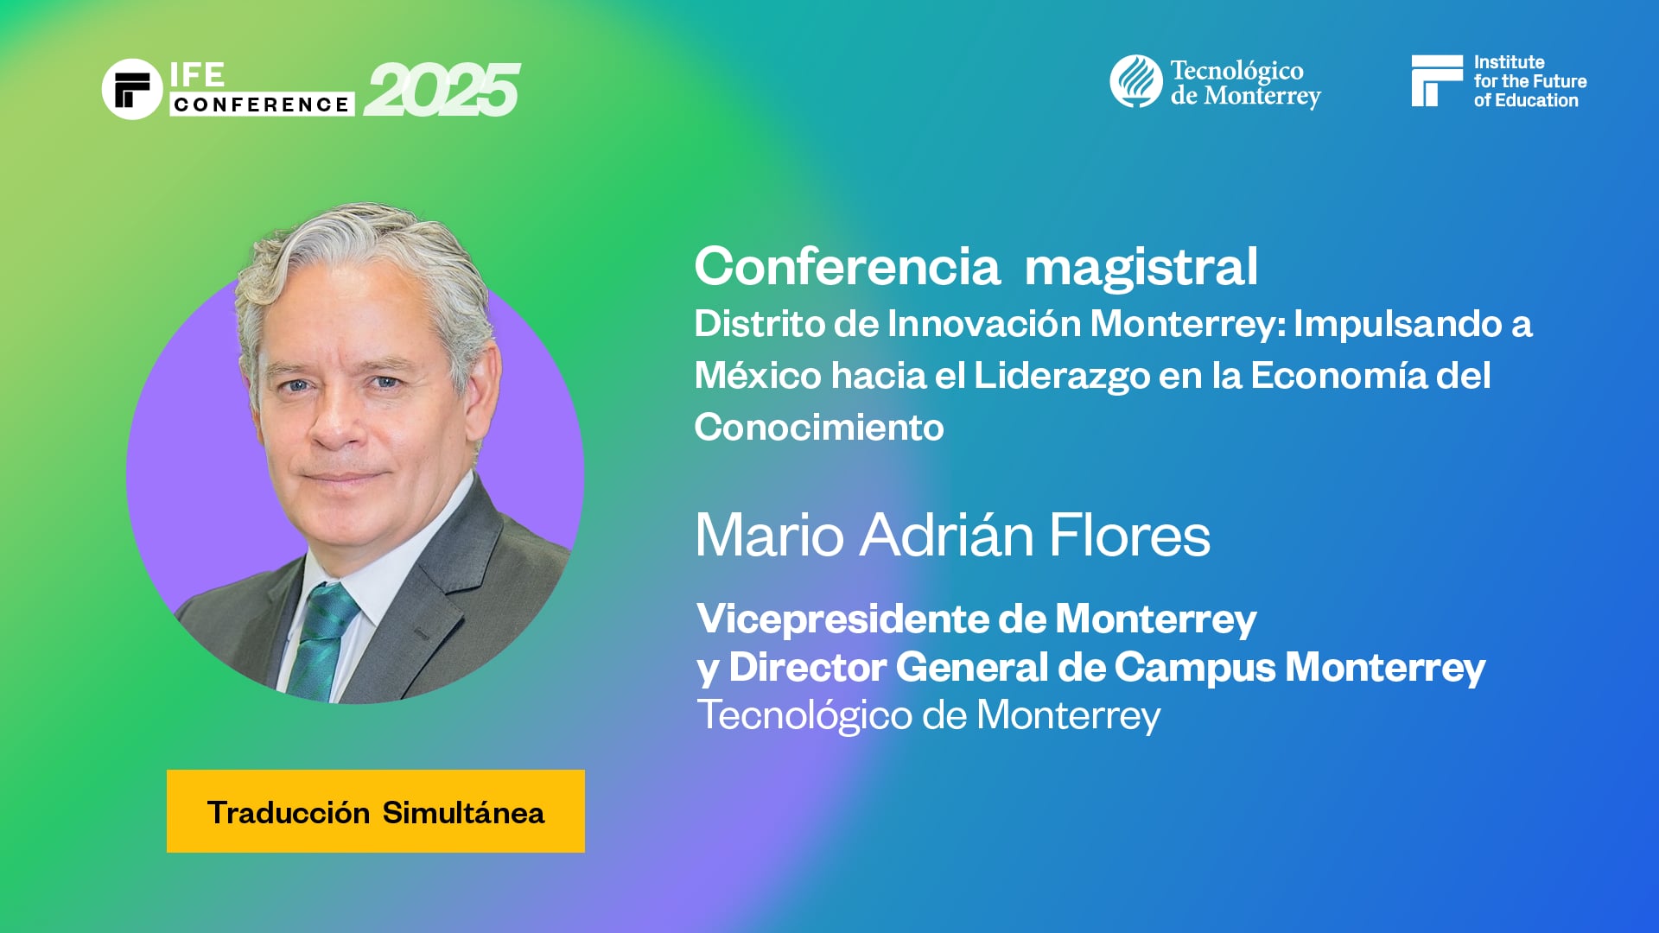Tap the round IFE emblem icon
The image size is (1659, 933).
pos(132,89)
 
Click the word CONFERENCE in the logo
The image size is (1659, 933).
pos(261,105)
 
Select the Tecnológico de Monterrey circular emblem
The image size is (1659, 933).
pos(1135,82)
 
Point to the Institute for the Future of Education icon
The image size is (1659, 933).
pos(1436,81)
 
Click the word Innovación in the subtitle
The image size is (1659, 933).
pos(984,324)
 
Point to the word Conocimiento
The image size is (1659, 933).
pos(819,428)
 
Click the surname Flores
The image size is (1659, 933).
pos(1129,535)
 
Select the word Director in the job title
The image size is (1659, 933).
pos(807,667)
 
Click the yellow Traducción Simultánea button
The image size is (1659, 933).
pos(376,811)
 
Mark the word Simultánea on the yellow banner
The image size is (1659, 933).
pos(463,813)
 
